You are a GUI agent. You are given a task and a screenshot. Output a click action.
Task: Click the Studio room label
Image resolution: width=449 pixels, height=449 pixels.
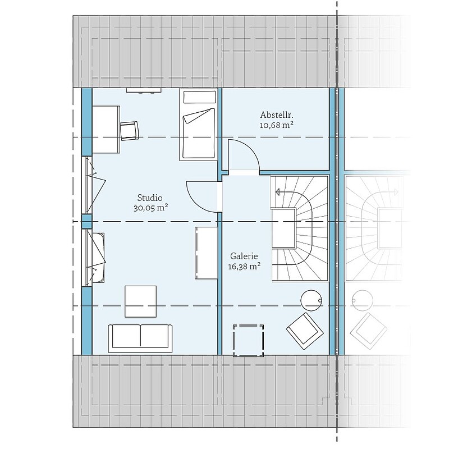pos(150,198)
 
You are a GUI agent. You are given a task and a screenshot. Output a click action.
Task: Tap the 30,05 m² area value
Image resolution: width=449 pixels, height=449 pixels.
pos(150,208)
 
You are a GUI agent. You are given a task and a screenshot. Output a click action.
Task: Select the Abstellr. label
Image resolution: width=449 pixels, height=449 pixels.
pos(277,115)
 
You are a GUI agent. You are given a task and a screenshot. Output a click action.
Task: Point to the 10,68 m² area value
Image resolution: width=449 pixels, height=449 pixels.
pos(277,125)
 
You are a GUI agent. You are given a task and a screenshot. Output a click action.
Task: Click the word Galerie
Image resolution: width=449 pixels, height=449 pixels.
pos(244,256)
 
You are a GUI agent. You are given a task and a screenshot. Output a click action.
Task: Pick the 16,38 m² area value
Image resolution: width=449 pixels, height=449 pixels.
pos(244,267)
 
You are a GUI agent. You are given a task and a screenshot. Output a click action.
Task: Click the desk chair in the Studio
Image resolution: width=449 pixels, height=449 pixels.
pos(129,131)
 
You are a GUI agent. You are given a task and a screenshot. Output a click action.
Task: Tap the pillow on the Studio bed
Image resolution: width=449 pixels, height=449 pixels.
pos(199,97)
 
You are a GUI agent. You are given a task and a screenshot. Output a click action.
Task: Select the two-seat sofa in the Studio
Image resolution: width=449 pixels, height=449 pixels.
pos(140,338)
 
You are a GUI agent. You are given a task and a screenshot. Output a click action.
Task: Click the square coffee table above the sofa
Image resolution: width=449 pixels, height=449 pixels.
pos(141,301)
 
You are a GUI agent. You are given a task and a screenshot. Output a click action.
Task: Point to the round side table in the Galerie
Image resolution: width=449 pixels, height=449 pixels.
pos(311,300)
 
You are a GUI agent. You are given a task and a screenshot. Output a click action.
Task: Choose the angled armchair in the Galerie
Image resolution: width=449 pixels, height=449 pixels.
pos(305,331)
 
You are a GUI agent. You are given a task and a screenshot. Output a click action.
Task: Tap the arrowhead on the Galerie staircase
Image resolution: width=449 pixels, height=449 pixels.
pos(277,192)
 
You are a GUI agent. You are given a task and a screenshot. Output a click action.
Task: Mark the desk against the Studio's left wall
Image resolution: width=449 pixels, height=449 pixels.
pos(106,130)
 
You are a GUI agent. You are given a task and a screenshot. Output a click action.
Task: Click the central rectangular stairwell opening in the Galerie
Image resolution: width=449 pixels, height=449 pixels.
pos(283,228)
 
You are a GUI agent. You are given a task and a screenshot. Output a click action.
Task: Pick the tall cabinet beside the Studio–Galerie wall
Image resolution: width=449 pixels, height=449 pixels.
pos(206,253)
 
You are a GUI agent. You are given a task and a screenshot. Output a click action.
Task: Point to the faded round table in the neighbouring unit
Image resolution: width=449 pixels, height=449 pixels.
pos(363,301)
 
